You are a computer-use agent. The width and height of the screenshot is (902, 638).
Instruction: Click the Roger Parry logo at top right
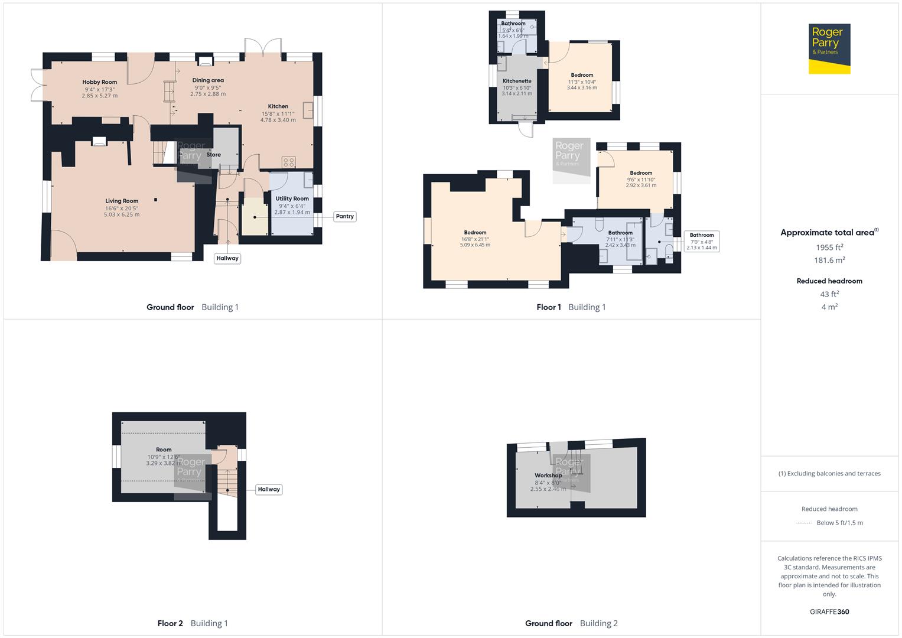coord(829,48)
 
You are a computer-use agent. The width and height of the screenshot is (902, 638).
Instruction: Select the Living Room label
coord(122,201)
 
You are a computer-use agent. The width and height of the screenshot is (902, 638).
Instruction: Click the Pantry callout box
coord(344,216)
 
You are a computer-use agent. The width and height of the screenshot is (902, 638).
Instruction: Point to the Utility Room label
coord(292,199)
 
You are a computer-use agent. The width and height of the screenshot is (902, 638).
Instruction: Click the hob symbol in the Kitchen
coord(288,162)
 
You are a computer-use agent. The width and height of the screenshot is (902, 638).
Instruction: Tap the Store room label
coord(214,155)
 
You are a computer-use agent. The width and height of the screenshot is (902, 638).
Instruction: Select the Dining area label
coord(208,80)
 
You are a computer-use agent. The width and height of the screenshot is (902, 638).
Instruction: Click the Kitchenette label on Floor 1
coord(517,81)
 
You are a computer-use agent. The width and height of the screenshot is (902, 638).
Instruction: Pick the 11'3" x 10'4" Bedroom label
coord(582,76)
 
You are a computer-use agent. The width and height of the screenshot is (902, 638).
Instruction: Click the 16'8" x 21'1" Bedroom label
coord(475,233)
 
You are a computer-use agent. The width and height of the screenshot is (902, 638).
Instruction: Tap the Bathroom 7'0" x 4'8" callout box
coord(702,241)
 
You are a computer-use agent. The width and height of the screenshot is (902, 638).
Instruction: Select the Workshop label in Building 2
coord(548,476)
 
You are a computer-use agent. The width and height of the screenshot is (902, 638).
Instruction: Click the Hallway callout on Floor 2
coord(269,489)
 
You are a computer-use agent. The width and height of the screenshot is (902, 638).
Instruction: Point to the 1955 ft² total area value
coord(829,248)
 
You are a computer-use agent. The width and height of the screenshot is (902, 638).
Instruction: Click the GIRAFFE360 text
coord(829,611)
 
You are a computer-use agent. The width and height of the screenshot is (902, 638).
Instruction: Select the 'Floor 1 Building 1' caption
coord(571,307)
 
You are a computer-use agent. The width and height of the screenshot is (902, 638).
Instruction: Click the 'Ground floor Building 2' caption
coord(571,623)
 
